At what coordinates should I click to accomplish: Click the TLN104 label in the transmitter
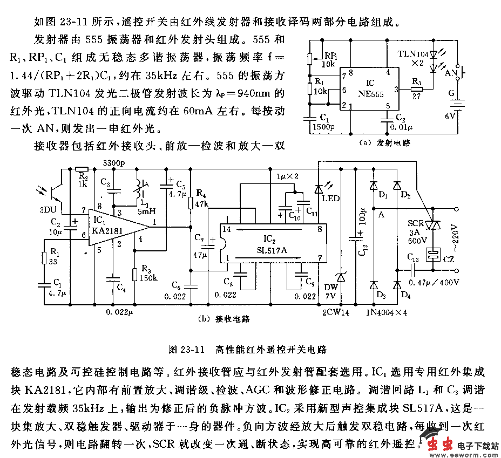coord(414,54)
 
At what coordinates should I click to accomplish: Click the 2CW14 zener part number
coord(335,311)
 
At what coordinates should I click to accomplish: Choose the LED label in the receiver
coord(331,198)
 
